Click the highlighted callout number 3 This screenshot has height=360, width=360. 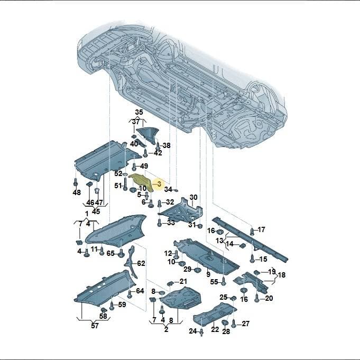[x=159, y=183]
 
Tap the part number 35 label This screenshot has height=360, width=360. [x=139, y=112]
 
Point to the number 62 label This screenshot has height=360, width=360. [x=141, y=263]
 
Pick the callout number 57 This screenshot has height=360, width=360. [x=95, y=325]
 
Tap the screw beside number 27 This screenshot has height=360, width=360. [x=234, y=324]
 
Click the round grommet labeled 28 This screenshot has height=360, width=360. [x=225, y=323]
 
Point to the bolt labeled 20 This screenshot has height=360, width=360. [x=257, y=298]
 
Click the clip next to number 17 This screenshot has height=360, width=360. [x=252, y=231]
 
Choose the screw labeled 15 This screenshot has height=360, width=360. [x=252, y=259]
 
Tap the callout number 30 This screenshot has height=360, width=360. [x=193, y=197]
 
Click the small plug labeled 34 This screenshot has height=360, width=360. [x=176, y=190]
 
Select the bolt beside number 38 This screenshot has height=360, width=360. [x=158, y=146]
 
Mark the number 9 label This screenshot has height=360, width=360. [x=208, y=274]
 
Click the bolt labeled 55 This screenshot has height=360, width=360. [x=224, y=281]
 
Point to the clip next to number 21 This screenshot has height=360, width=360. [x=170, y=284]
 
